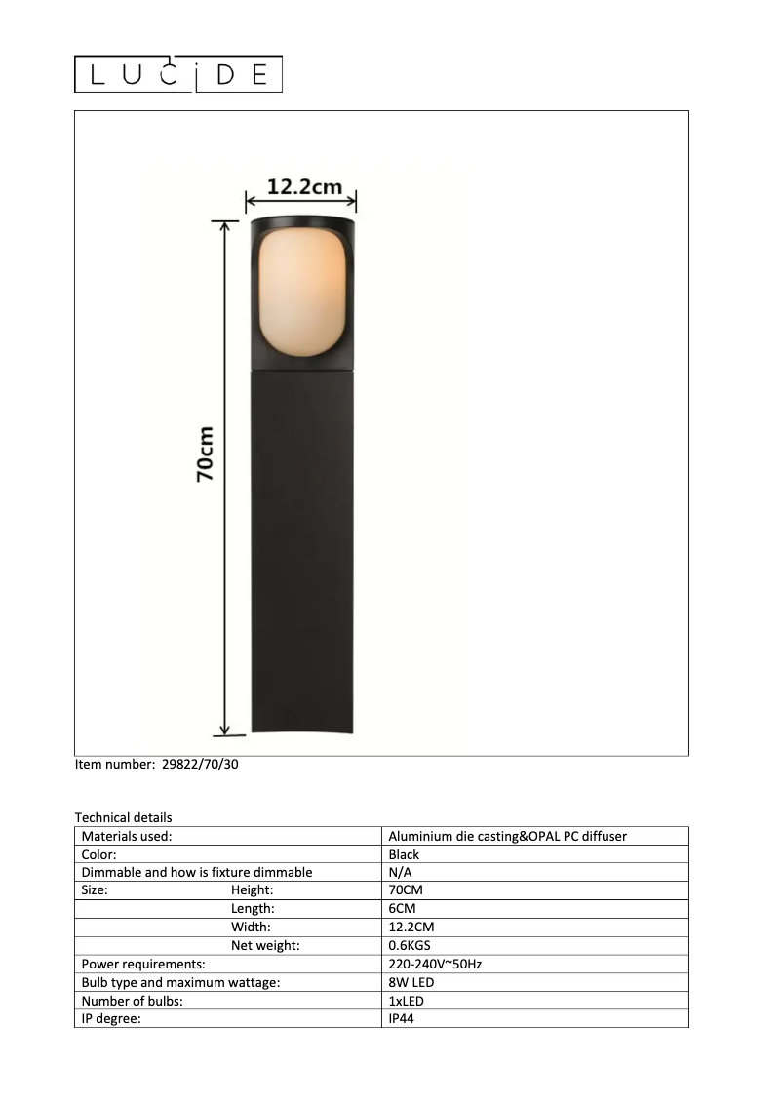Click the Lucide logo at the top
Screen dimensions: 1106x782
click(x=178, y=74)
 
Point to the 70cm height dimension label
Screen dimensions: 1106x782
click(x=205, y=454)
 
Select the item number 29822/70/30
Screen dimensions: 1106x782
click(x=199, y=765)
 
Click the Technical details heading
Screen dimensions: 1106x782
click(x=123, y=817)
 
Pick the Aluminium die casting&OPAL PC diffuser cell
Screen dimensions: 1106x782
click(x=507, y=836)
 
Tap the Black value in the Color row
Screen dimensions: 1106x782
click(x=404, y=854)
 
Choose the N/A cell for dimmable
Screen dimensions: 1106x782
click(x=400, y=872)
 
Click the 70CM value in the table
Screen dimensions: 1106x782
click(x=406, y=890)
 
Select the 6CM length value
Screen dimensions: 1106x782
click(x=402, y=909)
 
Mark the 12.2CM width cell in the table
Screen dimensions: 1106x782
click(x=411, y=928)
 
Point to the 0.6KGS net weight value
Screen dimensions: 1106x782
click(x=410, y=946)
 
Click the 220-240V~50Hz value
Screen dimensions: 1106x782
click(x=435, y=965)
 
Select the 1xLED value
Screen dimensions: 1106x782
click(x=406, y=1001)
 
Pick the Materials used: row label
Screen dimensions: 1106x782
click(x=127, y=836)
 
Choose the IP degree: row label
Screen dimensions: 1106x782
click(x=112, y=1019)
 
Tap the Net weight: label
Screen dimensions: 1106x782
click(x=265, y=946)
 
